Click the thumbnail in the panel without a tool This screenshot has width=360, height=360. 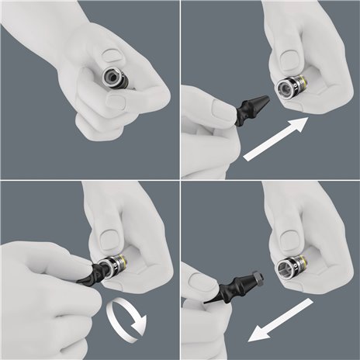point(112,55)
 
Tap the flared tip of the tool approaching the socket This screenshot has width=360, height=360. point(261,101)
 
